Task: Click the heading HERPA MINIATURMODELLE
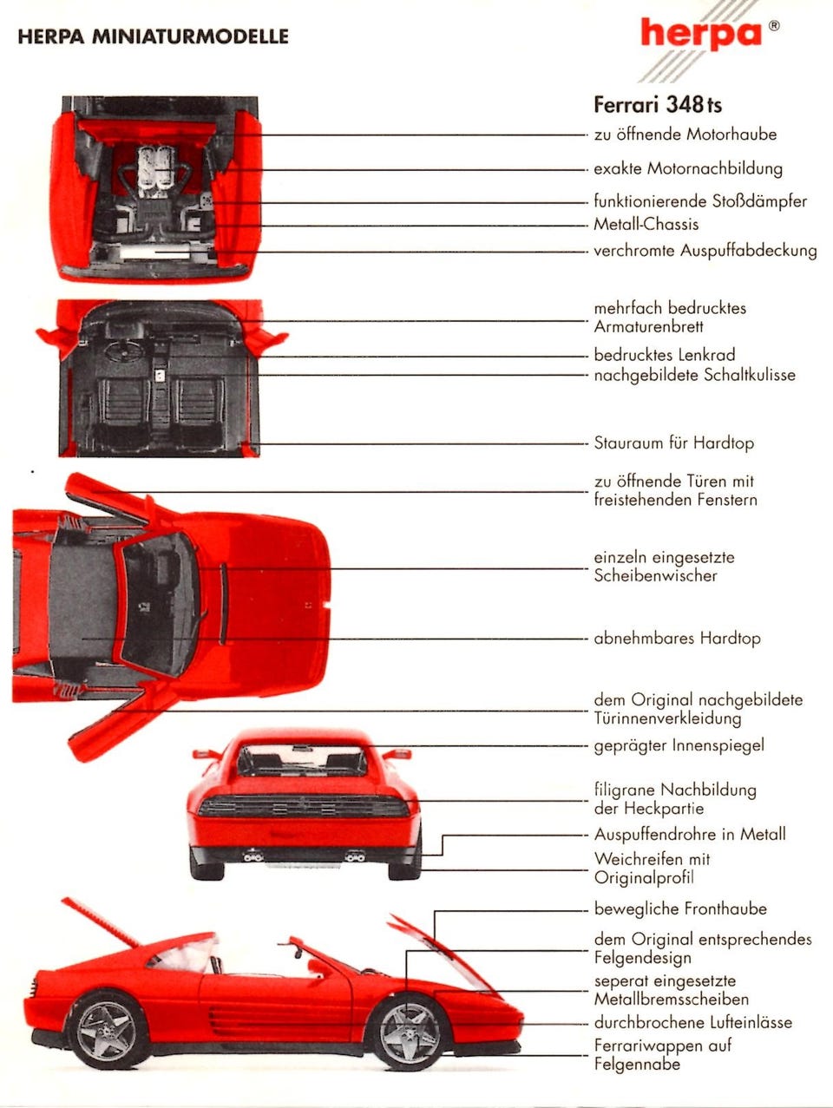click(x=153, y=36)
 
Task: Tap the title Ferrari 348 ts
click(x=658, y=105)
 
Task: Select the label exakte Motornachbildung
click(x=687, y=168)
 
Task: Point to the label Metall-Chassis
click(x=646, y=224)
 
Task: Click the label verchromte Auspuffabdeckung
click(x=705, y=251)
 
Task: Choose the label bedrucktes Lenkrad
click(x=665, y=355)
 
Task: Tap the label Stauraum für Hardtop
click(x=673, y=443)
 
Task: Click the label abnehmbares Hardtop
click(x=677, y=639)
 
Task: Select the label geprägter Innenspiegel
click(x=679, y=745)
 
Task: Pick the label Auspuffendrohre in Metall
click(x=690, y=835)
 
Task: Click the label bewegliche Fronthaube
click(x=680, y=909)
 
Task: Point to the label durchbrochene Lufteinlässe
click(x=692, y=1023)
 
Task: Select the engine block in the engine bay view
click(x=156, y=167)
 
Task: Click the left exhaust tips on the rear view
click(x=253, y=856)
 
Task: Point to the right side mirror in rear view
click(x=397, y=754)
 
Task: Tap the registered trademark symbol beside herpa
click(x=773, y=26)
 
